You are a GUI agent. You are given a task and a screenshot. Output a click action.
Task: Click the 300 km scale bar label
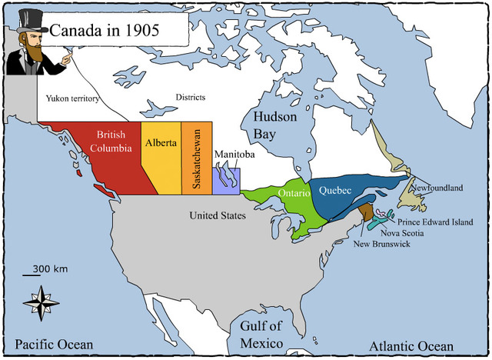[50, 268]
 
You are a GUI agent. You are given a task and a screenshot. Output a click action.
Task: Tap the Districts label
[191, 97]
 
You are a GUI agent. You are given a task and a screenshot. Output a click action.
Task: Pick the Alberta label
[161, 142]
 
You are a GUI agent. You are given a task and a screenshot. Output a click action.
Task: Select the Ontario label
[294, 193]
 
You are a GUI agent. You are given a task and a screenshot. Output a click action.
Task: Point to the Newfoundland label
[437, 188]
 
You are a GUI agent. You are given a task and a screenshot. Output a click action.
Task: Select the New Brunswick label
[382, 244]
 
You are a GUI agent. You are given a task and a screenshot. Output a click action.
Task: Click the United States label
[218, 215]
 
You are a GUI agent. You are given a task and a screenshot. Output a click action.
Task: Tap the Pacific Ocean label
[54, 344]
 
